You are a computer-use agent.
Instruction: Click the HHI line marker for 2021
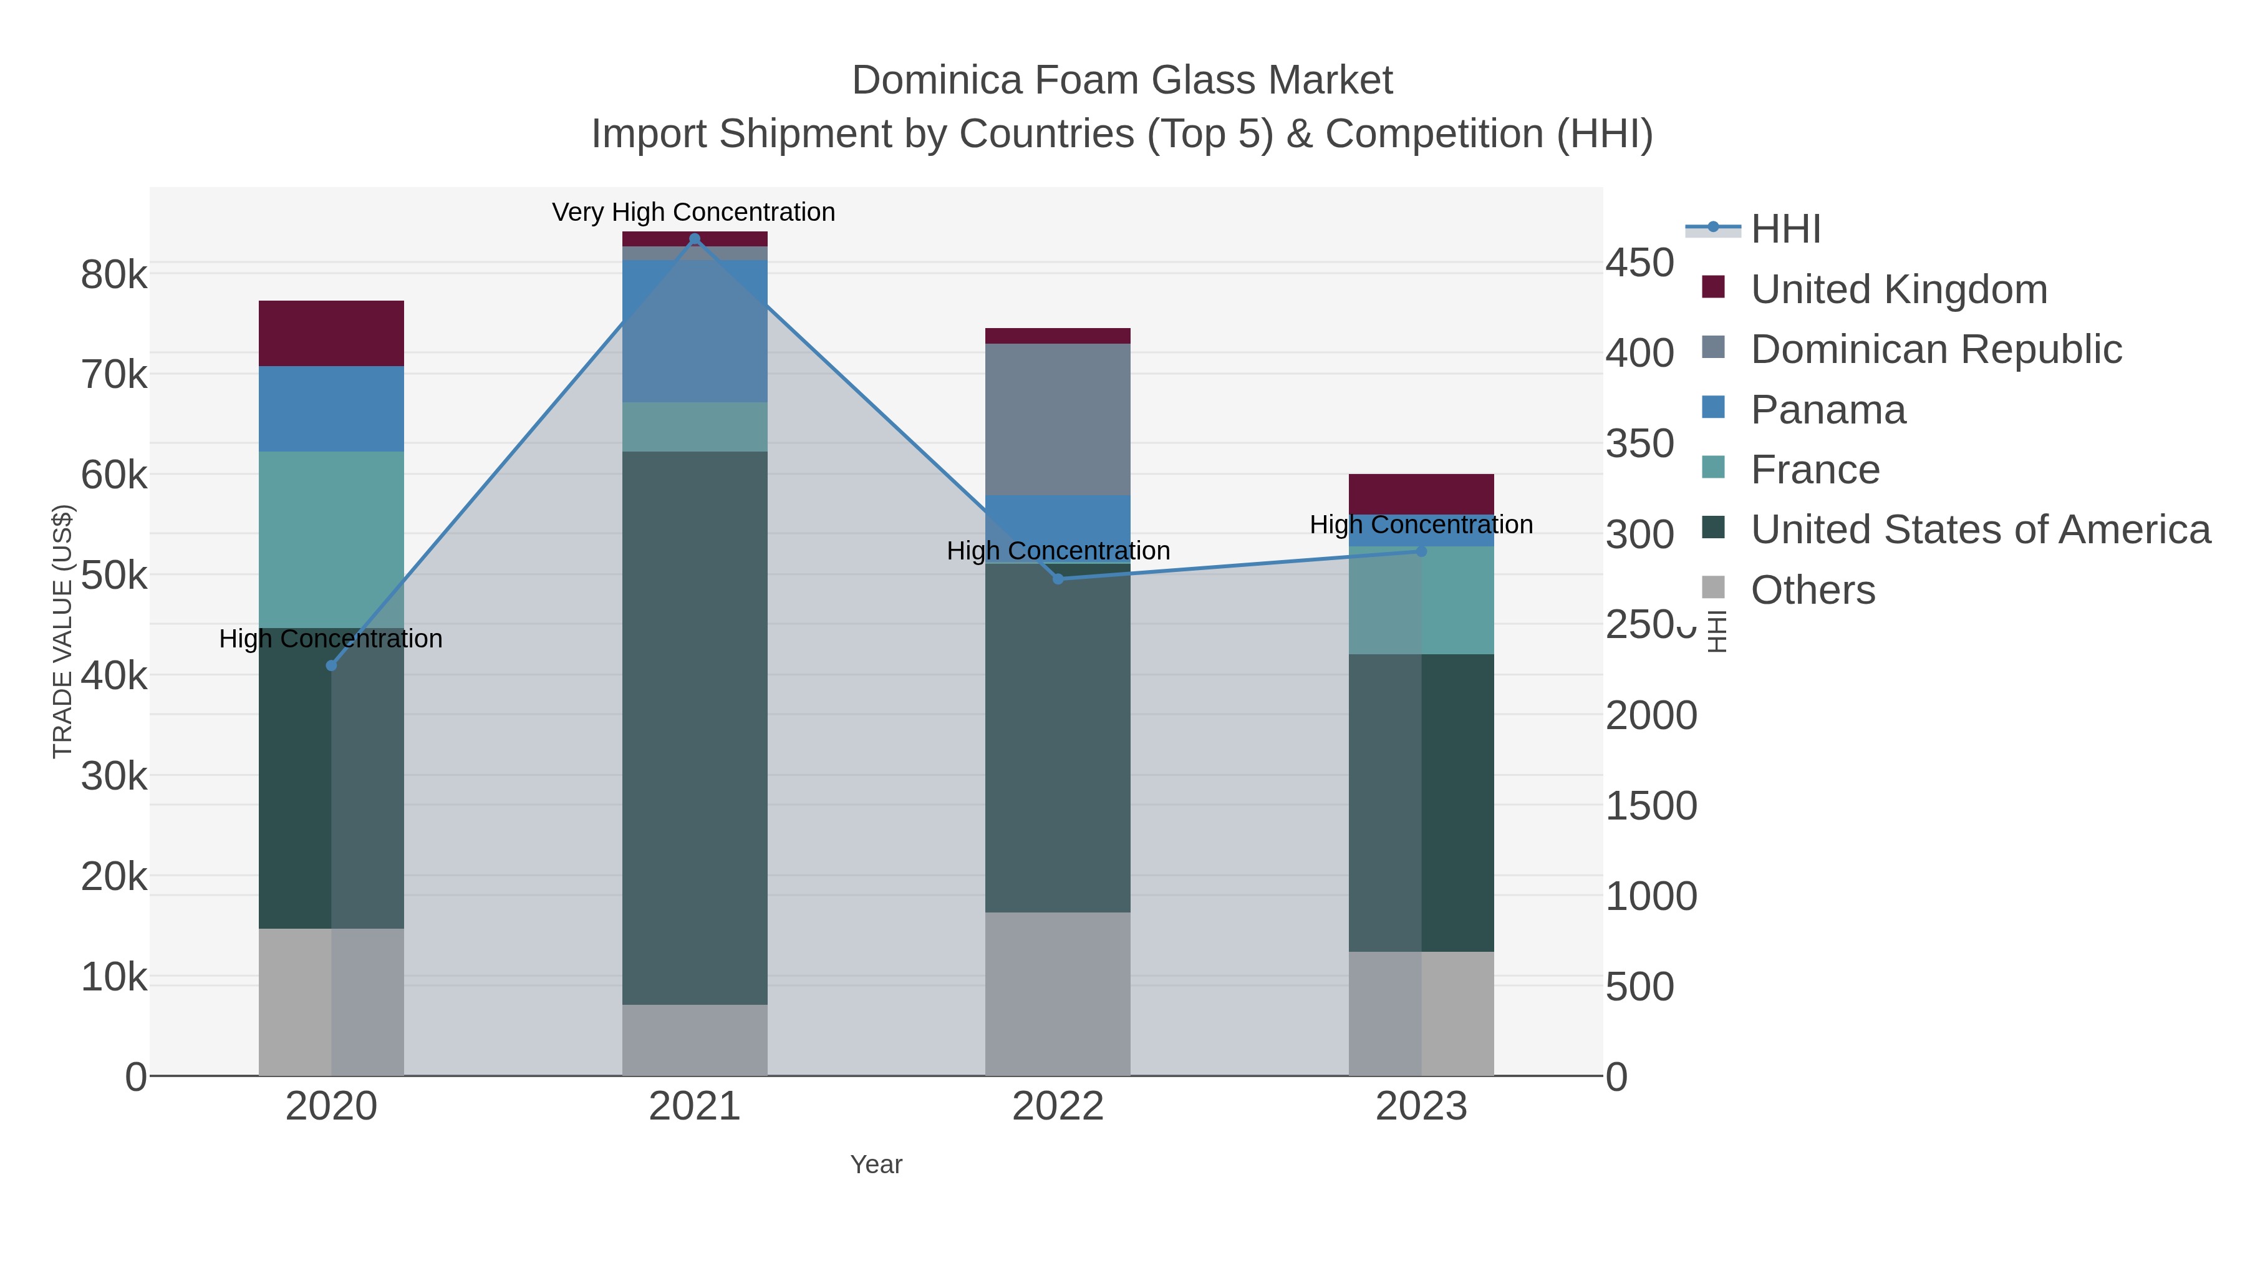695,239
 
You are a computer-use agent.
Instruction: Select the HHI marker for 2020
331,665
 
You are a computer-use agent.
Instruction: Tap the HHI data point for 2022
1058,579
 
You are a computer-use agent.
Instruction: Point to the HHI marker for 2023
1421,551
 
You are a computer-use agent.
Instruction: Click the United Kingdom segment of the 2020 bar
331,333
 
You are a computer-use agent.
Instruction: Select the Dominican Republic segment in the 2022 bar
1058,419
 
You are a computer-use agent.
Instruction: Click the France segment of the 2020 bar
331,539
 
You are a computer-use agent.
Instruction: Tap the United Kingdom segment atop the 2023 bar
1421,493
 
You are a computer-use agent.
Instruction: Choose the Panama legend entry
1828,410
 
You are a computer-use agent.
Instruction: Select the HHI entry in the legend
1785,230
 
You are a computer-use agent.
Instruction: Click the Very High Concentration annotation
693,212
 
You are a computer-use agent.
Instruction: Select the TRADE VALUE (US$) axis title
63,631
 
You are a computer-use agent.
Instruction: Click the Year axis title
876,1164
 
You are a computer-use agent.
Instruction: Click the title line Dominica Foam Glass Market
1122,80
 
